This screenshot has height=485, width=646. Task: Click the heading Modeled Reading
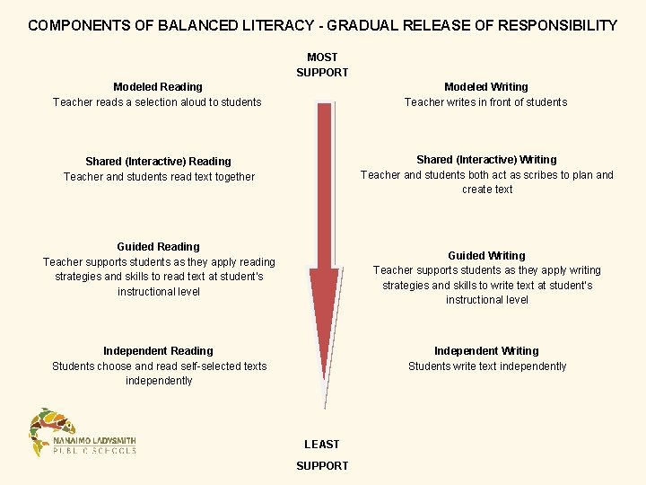pyautogui.click(x=157, y=87)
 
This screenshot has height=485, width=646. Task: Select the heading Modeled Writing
pyautogui.click(x=485, y=87)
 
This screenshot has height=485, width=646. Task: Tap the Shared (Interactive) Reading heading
pyautogui.click(x=158, y=162)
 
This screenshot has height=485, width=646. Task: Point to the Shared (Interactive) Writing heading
pyautogui.click(x=486, y=160)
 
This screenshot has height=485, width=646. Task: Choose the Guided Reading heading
pyautogui.click(x=158, y=247)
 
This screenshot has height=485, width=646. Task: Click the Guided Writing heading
pyautogui.click(x=486, y=256)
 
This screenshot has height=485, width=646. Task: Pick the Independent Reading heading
pyautogui.click(x=158, y=351)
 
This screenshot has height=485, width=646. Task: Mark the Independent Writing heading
pyautogui.click(x=486, y=351)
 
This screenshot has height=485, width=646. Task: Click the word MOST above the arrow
pyautogui.click(x=322, y=57)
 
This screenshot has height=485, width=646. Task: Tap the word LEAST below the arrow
pyautogui.click(x=322, y=445)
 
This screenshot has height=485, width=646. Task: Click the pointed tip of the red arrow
pyautogui.click(x=325, y=406)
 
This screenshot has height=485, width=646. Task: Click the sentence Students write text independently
pyautogui.click(x=486, y=366)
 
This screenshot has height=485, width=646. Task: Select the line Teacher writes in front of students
pyautogui.click(x=485, y=102)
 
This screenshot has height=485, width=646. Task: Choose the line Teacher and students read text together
pyautogui.click(x=159, y=177)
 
